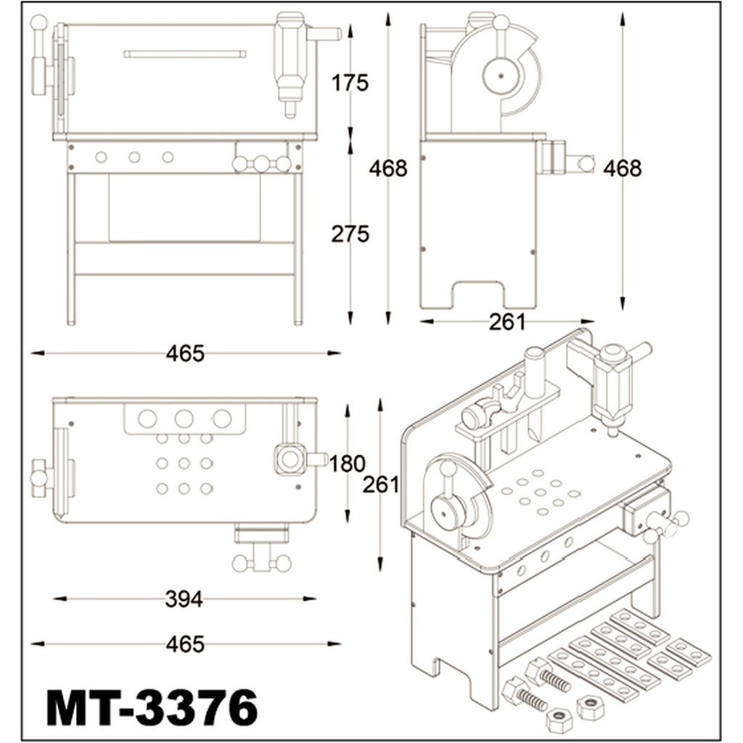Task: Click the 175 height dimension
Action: [350, 83]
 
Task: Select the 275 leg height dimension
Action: [350, 234]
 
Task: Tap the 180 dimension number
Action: [347, 464]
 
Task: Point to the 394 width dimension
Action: [184, 599]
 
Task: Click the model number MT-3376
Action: [152, 708]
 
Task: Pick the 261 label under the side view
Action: [507, 322]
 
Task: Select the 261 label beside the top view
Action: [381, 484]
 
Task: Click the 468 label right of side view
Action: [622, 168]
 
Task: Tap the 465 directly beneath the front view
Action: [185, 353]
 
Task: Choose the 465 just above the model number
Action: [185, 644]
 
